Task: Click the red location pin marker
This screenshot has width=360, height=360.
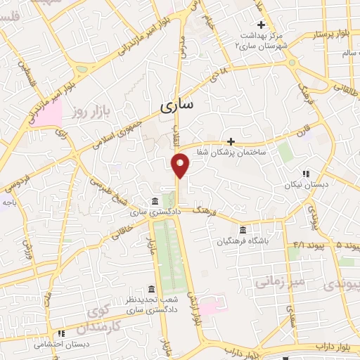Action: [181, 165]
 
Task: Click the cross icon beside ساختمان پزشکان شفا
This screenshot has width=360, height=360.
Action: [230, 141]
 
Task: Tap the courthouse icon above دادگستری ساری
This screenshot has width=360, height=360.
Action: [155, 201]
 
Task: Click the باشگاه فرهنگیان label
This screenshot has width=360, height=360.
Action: [243, 242]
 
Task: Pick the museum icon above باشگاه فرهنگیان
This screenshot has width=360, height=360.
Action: [243, 230]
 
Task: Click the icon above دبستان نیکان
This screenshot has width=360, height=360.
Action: [305, 173]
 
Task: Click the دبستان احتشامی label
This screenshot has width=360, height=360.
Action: [62, 345]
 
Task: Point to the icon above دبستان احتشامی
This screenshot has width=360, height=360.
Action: [61, 333]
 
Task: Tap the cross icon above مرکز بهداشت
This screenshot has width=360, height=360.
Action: [260, 25]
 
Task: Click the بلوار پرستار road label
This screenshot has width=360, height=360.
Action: [335, 33]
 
